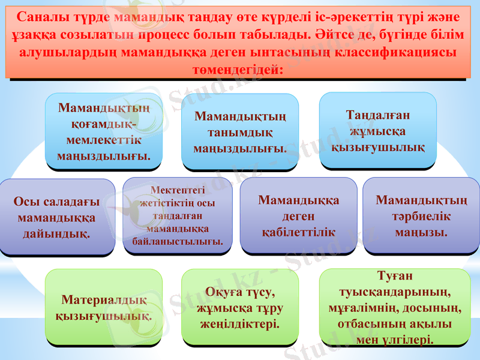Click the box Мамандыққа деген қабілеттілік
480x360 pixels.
pos(298,215)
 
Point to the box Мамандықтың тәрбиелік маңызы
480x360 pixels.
pos(421,215)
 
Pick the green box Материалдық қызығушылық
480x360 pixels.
pos(104,307)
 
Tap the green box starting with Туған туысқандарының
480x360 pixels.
pos(395,307)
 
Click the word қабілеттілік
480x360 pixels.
pos(298,231)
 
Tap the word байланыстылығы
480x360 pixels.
pos(178,242)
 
